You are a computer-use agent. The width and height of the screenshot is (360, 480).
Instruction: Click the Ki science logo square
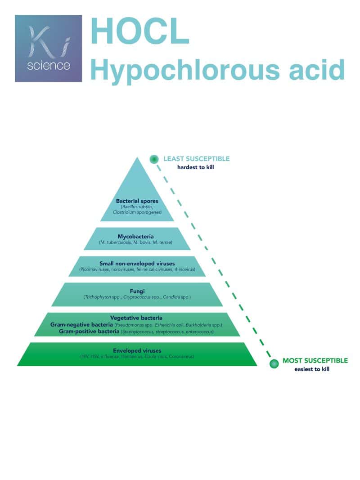tap(49, 49)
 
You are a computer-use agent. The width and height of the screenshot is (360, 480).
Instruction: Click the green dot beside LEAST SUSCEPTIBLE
tap(154, 159)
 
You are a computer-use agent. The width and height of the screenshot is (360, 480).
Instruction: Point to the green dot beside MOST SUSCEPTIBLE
tap(274, 363)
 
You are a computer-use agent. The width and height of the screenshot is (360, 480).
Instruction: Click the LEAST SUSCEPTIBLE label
tap(196, 159)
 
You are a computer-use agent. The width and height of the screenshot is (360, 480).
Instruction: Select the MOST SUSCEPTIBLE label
tap(315, 361)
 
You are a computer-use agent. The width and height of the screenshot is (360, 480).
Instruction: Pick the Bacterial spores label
tap(137, 201)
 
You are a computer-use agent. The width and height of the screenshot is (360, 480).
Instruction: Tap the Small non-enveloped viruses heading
tap(137, 263)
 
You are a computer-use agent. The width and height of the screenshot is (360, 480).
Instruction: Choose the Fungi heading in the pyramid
tap(137, 291)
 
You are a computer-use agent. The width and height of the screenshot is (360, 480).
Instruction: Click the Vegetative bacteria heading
tap(137, 318)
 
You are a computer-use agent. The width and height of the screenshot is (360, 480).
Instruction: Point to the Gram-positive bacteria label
tap(89, 332)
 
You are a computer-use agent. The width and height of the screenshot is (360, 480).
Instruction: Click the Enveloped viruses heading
tap(137, 350)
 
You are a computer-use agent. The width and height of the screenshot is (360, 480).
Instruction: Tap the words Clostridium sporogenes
tap(137, 211)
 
